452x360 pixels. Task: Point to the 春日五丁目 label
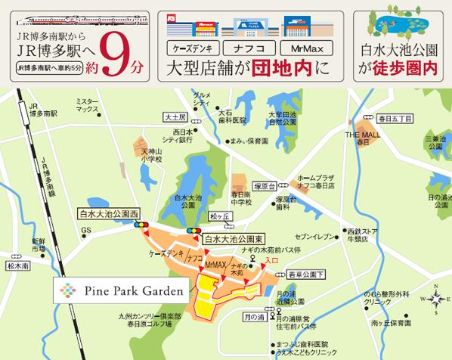point(394,118)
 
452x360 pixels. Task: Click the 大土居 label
point(175,118)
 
